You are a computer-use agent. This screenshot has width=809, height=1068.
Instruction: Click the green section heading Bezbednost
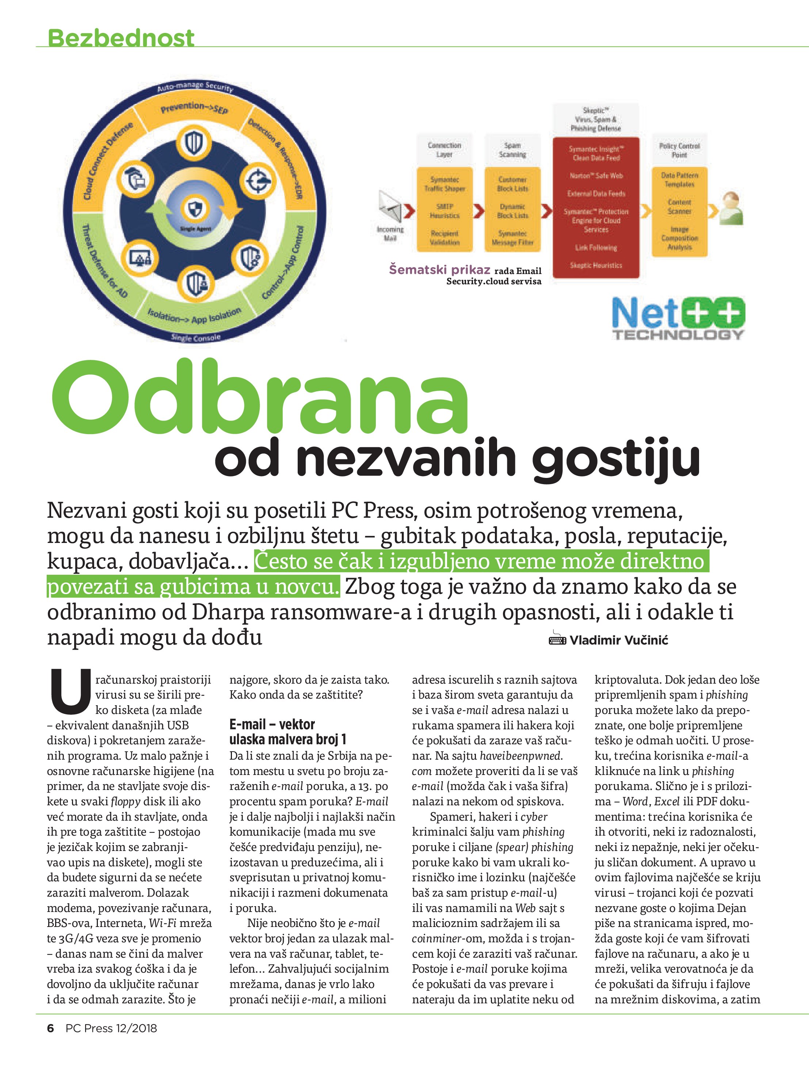point(121,38)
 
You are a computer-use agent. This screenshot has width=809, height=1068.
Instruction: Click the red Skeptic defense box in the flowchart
point(596,208)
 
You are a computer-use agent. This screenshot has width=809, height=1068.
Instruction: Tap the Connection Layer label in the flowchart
point(444,150)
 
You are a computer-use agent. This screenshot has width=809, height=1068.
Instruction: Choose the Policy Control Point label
point(679,150)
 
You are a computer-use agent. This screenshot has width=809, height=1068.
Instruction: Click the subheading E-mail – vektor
point(272,724)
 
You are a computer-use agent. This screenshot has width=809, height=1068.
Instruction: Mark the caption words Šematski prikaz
point(439,269)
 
